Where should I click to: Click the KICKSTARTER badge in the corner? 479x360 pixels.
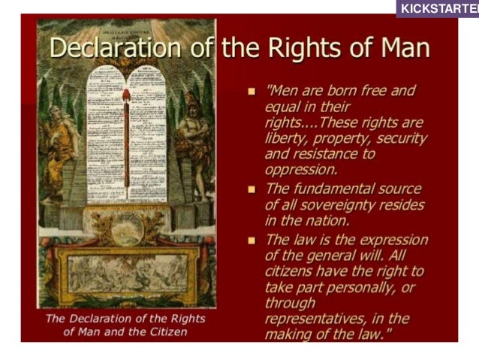point(439,8)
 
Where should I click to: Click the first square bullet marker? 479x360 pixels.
point(252,92)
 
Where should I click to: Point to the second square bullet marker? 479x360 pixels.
point(252,189)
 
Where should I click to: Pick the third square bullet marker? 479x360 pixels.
point(252,241)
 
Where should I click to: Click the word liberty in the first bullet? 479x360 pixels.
point(285,139)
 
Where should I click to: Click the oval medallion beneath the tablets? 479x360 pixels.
point(125,223)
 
